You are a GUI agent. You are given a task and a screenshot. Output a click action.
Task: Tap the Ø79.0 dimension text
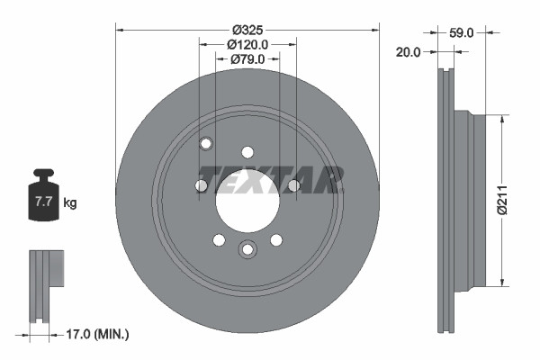(x=247, y=59)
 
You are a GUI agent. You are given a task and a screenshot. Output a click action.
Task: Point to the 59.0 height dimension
(x=461, y=31)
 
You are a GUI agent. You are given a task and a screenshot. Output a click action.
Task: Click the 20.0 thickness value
(x=408, y=52)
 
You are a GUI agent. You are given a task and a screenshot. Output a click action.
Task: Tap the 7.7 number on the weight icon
(x=43, y=202)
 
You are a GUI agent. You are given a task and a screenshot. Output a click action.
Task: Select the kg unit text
(x=70, y=203)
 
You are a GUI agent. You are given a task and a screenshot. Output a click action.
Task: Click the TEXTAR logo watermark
(x=270, y=178)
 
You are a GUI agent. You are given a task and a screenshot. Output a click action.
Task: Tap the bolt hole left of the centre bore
(x=202, y=185)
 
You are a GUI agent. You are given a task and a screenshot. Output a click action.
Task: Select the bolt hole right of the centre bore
(x=293, y=185)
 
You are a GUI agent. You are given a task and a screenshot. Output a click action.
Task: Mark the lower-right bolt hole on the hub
(x=276, y=239)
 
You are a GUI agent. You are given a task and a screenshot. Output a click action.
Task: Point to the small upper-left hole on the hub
(x=206, y=143)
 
